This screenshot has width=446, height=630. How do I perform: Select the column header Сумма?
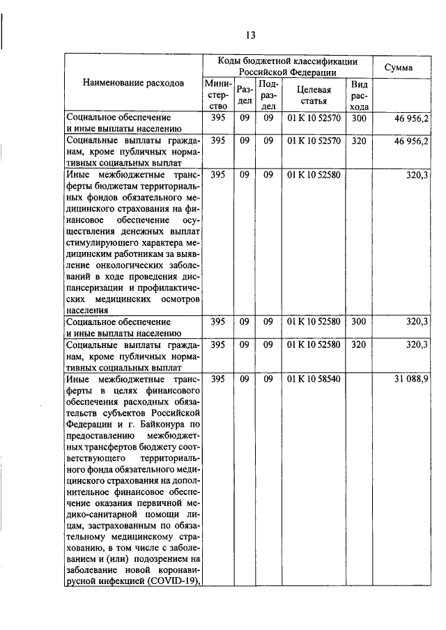tap(403, 68)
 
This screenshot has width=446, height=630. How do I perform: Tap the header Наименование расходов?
tap(134, 83)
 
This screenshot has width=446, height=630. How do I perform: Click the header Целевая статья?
tap(314, 95)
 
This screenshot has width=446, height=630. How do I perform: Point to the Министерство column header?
tap(217, 95)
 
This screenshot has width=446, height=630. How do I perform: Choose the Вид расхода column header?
tap(359, 95)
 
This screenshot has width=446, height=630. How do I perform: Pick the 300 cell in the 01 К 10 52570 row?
tap(359, 118)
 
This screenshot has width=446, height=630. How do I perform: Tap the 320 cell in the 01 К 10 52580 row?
tap(359, 345)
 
